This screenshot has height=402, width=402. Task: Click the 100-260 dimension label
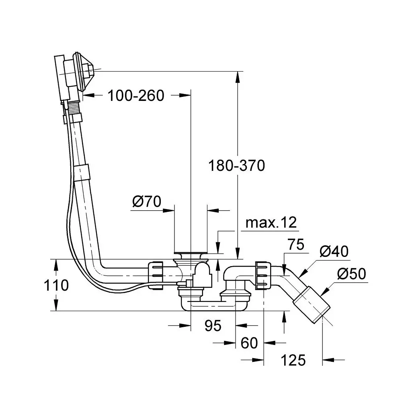(x=136, y=96)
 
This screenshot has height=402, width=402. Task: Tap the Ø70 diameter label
(x=147, y=201)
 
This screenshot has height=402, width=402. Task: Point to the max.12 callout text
(x=271, y=223)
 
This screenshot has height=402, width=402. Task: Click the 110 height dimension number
(x=56, y=285)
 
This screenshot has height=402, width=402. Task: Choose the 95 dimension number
(x=213, y=326)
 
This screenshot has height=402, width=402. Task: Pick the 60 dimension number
(x=249, y=343)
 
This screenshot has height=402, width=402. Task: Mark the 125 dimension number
(x=293, y=360)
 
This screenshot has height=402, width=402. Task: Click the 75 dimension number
(x=296, y=244)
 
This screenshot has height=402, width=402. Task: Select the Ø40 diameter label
(x=334, y=252)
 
